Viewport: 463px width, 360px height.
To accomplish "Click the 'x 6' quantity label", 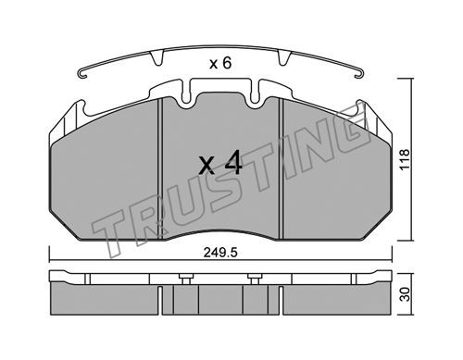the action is click(x=220, y=64).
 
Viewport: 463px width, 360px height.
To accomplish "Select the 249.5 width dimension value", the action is click(x=220, y=253).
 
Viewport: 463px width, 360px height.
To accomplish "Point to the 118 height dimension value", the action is click(x=405, y=159).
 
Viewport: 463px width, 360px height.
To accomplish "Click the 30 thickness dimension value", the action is click(x=406, y=294).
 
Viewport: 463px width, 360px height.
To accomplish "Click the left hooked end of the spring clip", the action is click(x=82, y=74).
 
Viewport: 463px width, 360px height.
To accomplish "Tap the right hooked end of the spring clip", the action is click(x=360, y=73).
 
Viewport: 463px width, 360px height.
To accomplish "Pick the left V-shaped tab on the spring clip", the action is click(x=157, y=58).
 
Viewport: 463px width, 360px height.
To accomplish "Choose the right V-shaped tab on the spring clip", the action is click(x=284, y=58).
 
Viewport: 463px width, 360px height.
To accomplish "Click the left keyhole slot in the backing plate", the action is click(x=186, y=92).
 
